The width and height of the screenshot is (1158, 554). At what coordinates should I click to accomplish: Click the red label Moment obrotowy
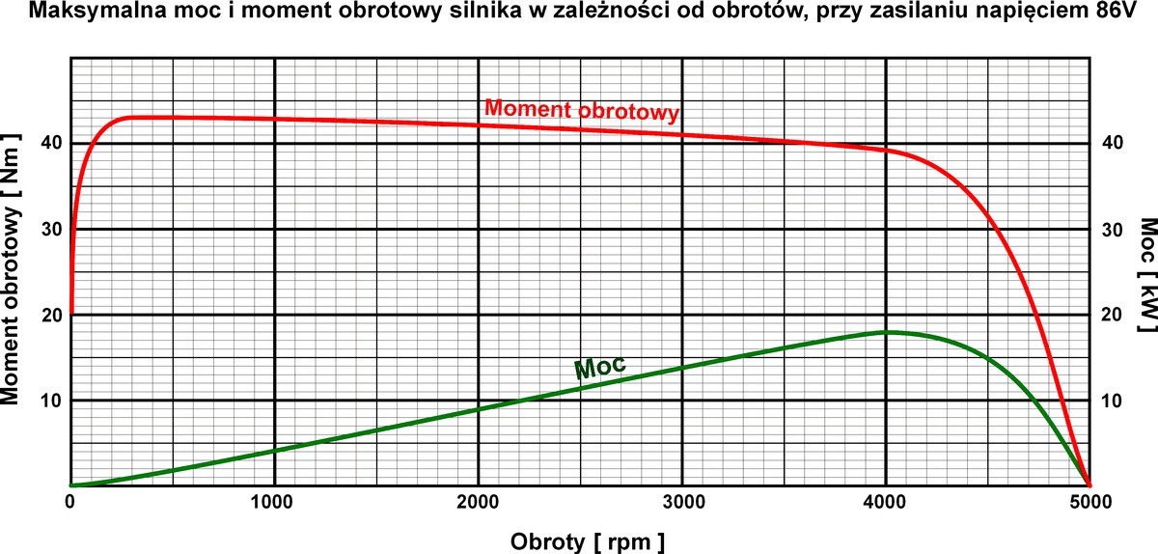[x=582, y=110]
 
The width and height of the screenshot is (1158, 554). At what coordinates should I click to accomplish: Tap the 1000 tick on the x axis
[x=275, y=501]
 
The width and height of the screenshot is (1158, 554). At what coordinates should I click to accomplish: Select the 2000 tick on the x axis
[x=479, y=501]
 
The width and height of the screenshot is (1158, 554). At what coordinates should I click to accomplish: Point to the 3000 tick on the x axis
[x=682, y=501]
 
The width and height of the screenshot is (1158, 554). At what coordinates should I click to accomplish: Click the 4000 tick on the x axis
[x=886, y=501]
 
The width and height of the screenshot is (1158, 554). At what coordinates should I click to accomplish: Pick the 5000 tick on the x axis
[x=1089, y=501]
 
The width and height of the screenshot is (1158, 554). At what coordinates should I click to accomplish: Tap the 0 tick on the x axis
[x=71, y=501]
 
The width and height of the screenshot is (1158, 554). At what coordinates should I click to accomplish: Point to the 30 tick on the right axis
[x=1113, y=229]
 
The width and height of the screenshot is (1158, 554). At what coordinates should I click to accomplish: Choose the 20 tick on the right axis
[x=1113, y=315]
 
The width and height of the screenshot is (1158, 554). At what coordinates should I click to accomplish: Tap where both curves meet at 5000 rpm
[x=1089, y=485]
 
